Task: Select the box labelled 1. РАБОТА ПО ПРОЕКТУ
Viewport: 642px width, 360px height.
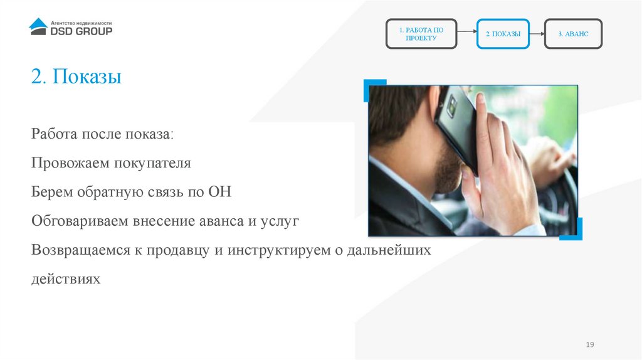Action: pyautogui.click(x=421, y=34)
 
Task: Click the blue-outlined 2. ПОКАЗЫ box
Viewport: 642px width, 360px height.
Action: pyautogui.click(x=503, y=34)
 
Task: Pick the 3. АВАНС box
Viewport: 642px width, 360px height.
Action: pyautogui.click(x=573, y=34)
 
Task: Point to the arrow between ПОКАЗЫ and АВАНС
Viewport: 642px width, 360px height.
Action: pyautogui.click(x=537, y=34)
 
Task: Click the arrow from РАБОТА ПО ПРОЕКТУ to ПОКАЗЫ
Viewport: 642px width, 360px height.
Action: pyautogui.click(x=466, y=34)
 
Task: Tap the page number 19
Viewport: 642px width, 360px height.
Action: pyautogui.click(x=589, y=346)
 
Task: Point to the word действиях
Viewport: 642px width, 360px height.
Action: pyautogui.click(x=66, y=278)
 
